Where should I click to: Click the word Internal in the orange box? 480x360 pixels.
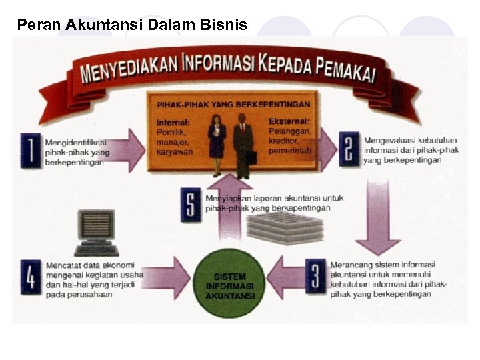click(173, 123)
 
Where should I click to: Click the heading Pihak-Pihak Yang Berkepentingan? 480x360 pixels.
click(233, 105)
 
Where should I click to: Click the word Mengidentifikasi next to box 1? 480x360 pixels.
click(75, 142)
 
